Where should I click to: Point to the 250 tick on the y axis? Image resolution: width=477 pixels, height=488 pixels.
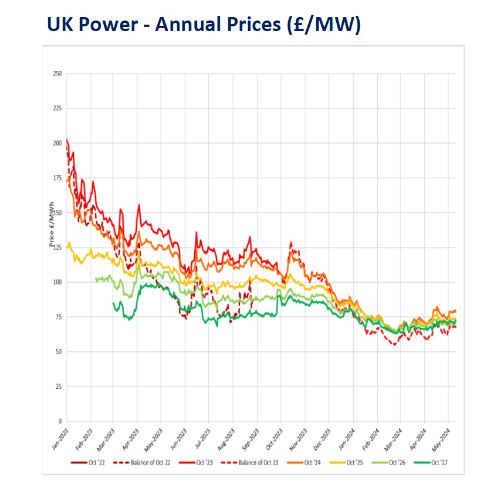(x=57, y=74)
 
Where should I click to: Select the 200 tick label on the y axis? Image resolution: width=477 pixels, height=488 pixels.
(x=57, y=143)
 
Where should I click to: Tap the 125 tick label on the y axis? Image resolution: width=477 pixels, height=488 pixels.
(x=57, y=248)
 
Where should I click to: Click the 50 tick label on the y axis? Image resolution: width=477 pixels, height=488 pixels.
(x=58, y=352)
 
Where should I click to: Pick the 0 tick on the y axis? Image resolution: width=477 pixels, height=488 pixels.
(x=60, y=421)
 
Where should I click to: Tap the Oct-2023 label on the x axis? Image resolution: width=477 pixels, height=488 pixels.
(x=274, y=437)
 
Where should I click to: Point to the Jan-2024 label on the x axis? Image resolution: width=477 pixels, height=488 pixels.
(x=346, y=437)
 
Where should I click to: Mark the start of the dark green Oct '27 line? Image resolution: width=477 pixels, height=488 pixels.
(x=113, y=303)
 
